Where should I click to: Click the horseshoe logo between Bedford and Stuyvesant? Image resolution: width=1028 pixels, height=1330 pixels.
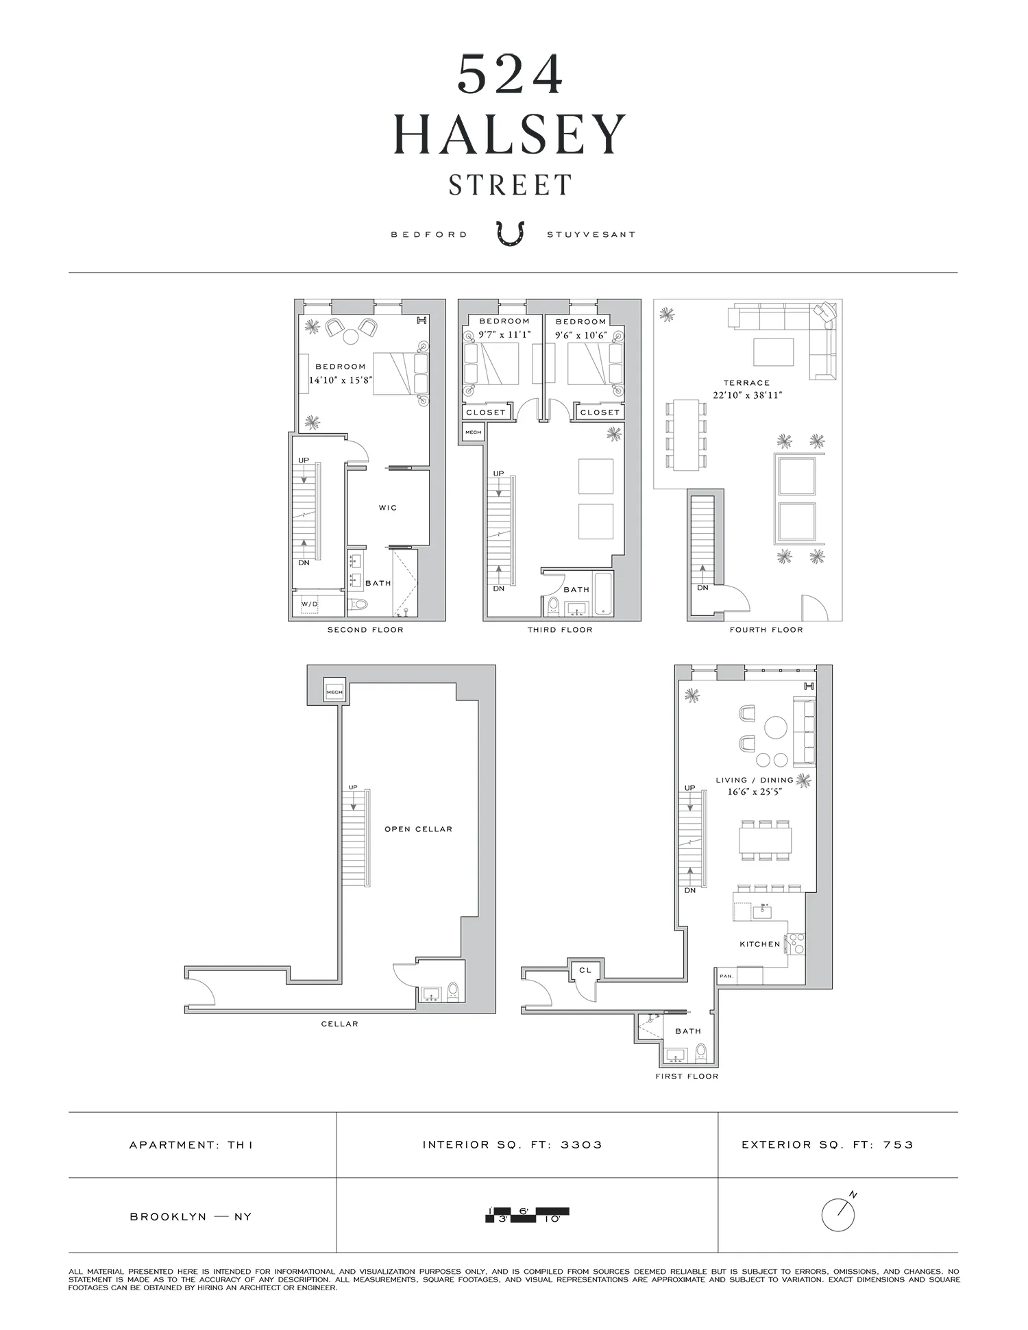click(x=510, y=233)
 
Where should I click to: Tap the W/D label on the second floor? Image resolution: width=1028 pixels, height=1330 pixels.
click(x=310, y=604)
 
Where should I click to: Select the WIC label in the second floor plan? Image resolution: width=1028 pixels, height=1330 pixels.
click(x=388, y=508)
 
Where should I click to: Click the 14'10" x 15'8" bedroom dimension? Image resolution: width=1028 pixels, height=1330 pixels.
click(x=341, y=380)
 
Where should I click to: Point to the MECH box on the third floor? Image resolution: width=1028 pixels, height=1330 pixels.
click(x=473, y=432)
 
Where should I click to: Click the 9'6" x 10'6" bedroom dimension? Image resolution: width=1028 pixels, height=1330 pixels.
click(x=581, y=335)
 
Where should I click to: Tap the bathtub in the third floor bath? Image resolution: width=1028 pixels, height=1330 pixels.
click(x=604, y=594)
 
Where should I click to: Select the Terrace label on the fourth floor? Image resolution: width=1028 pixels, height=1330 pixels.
click(x=746, y=383)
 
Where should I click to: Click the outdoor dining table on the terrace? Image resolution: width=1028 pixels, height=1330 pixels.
click(x=686, y=435)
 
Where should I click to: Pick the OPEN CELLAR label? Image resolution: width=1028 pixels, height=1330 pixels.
click(x=418, y=829)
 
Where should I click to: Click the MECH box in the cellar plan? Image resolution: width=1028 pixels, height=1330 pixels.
click(x=334, y=692)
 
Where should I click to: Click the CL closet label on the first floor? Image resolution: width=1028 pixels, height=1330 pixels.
click(x=585, y=970)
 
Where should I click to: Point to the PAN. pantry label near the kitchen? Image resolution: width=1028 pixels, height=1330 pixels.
click(x=726, y=976)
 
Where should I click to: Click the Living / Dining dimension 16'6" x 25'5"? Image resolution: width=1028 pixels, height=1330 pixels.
click(x=755, y=792)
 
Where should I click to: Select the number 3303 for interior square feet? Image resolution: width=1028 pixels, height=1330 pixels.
click(x=581, y=1145)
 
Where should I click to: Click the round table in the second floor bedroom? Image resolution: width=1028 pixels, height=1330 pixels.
click(x=350, y=336)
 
